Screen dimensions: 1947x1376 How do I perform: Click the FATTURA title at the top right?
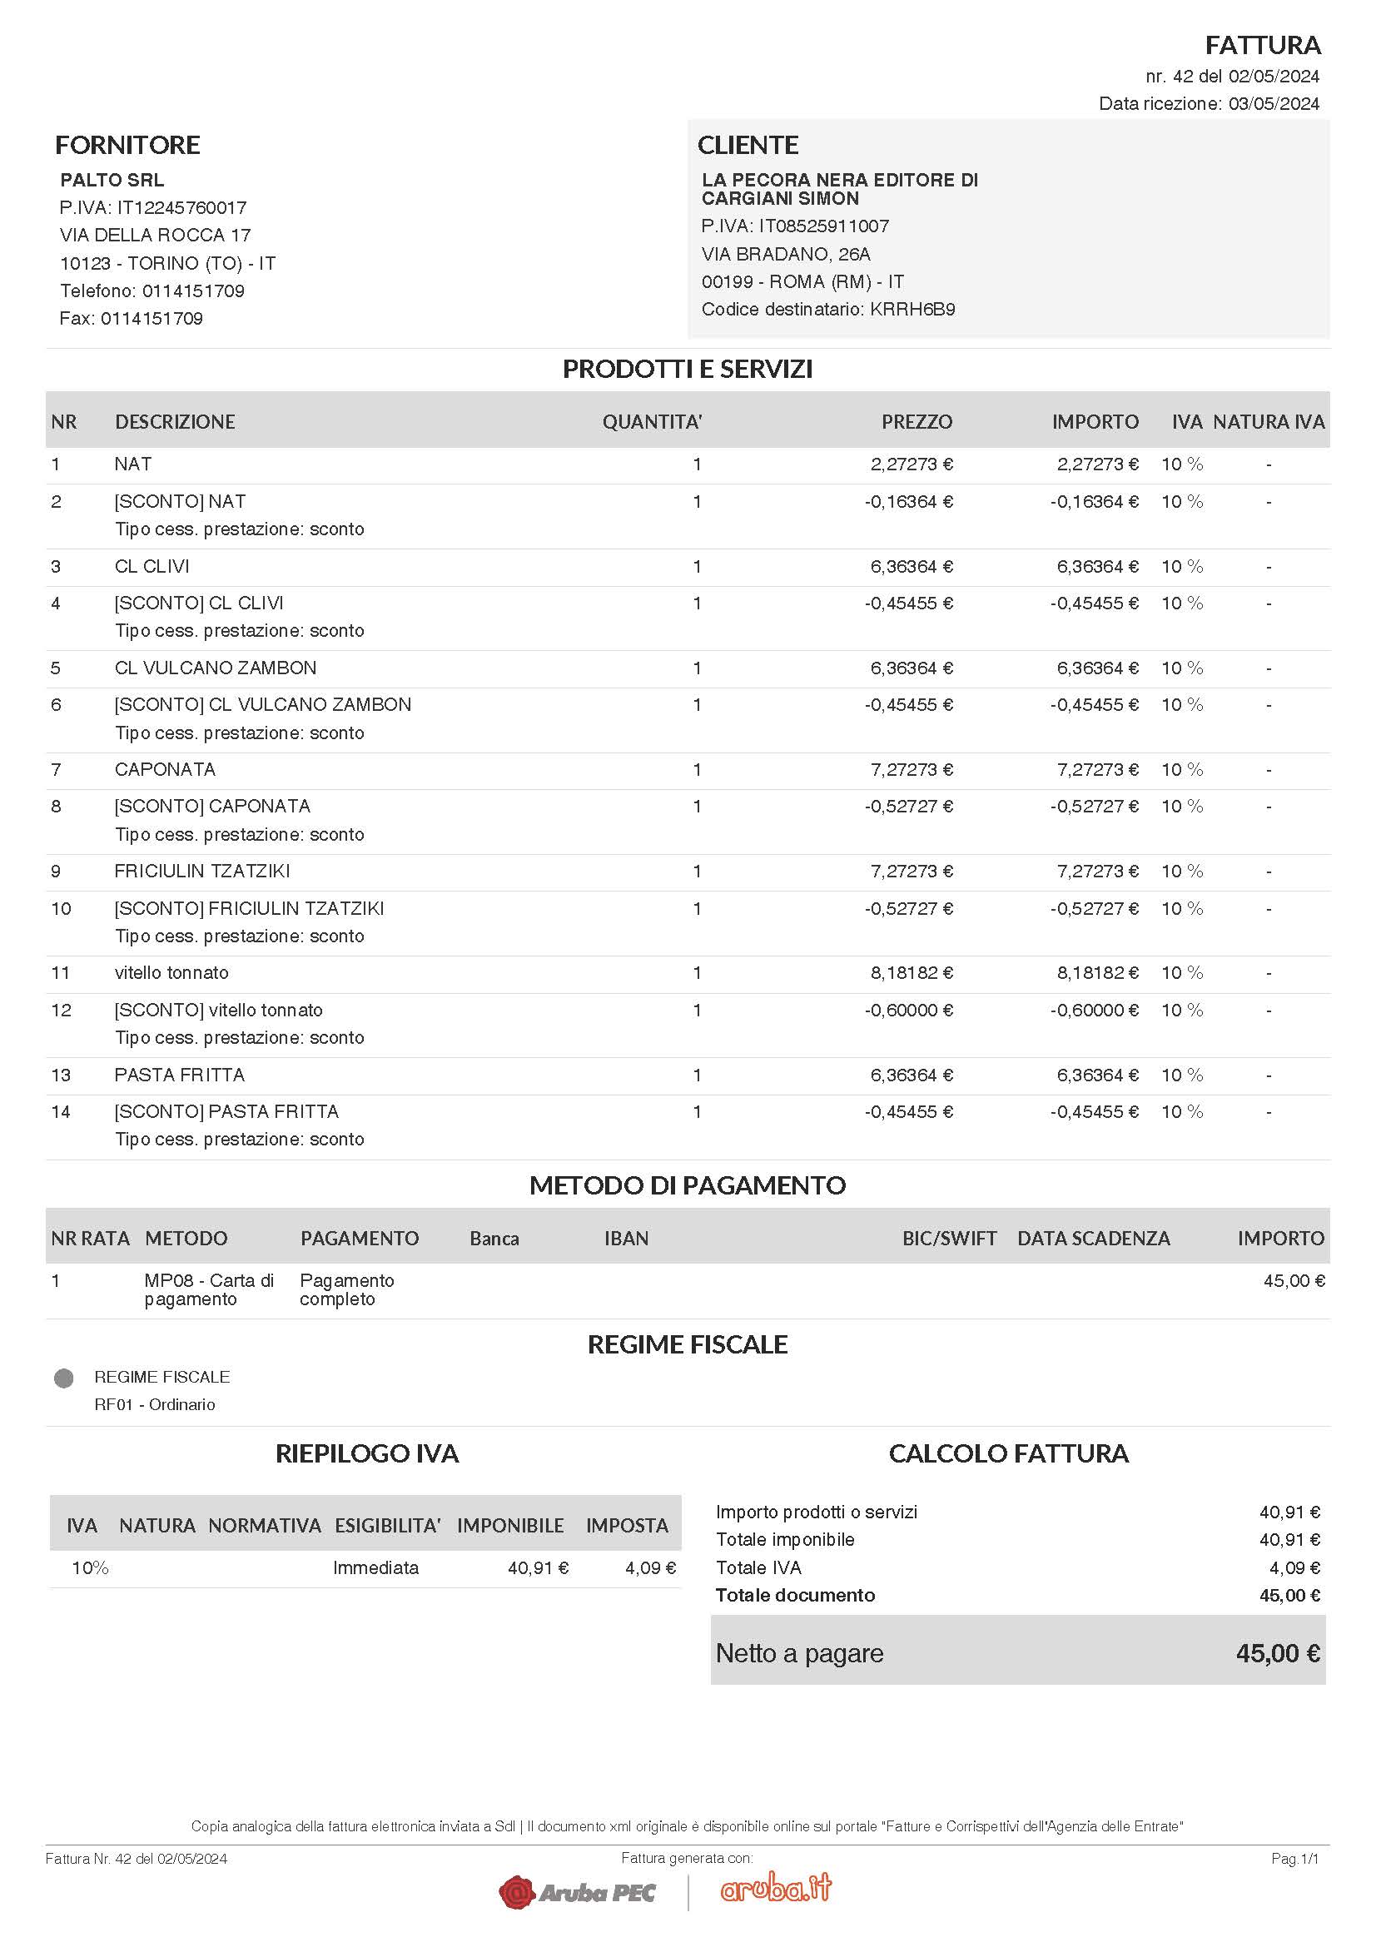(x=1263, y=45)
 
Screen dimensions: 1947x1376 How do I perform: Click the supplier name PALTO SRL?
(x=112, y=180)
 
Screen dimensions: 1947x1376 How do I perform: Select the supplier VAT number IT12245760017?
(x=181, y=208)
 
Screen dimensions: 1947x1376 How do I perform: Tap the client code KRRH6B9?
(x=912, y=310)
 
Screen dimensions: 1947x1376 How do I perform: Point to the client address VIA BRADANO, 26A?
(x=786, y=255)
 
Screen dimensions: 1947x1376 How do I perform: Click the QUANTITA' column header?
(x=652, y=421)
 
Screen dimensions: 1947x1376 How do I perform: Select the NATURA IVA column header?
(x=1269, y=421)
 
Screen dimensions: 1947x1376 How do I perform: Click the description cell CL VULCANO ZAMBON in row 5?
(x=216, y=668)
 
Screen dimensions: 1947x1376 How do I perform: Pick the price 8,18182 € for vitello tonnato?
(x=912, y=972)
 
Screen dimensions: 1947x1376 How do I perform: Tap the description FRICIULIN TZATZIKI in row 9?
(x=201, y=871)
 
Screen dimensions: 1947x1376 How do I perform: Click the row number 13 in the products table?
(x=61, y=1075)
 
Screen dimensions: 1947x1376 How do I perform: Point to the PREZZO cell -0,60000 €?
(x=909, y=1010)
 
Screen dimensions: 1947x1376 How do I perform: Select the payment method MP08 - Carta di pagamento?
(x=209, y=1289)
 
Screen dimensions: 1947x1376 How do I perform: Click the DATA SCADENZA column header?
(x=1093, y=1238)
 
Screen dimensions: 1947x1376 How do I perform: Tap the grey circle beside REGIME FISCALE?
(x=63, y=1378)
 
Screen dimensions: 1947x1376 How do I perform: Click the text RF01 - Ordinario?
(x=154, y=1404)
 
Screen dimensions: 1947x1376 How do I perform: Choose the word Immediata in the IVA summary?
(x=375, y=1568)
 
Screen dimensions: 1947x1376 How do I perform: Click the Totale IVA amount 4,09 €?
(x=1294, y=1568)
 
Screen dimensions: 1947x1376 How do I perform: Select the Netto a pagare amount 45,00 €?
(x=1278, y=1653)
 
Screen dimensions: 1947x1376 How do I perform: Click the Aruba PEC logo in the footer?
(x=578, y=1892)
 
